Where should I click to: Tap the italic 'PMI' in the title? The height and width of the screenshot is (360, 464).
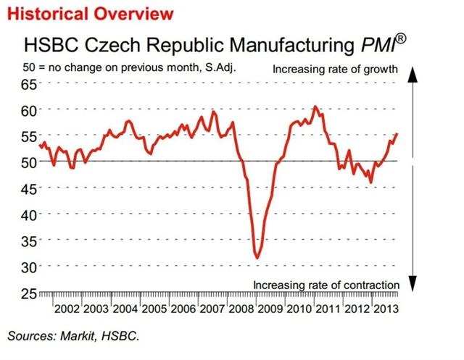pyautogui.click(x=377, y=46)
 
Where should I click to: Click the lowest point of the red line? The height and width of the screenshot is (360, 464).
pyautogui.click(x=257, y=257)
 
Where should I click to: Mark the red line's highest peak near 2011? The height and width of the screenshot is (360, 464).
pyautogui.click(x=315, y=106)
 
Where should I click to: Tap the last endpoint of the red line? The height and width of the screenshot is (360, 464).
pyautogui.click(x=397, y=134)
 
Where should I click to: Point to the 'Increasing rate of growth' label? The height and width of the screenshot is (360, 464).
pyautogui.click(x=335, y=70)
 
